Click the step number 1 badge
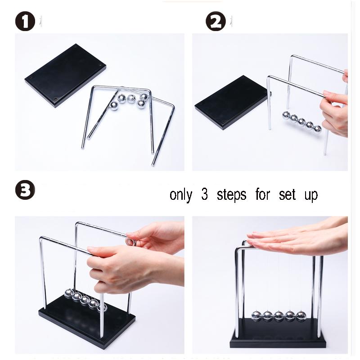[25, 21]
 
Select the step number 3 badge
[25, 190]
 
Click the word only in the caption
[180, 195]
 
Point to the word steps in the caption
[231, 195]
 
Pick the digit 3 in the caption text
[205, 194]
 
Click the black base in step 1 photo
[65, 74]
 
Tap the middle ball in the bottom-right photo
[279, 316]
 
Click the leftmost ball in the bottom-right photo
[256, 316]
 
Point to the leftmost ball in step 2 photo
[286, 116]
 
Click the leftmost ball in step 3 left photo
[69, 294]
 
